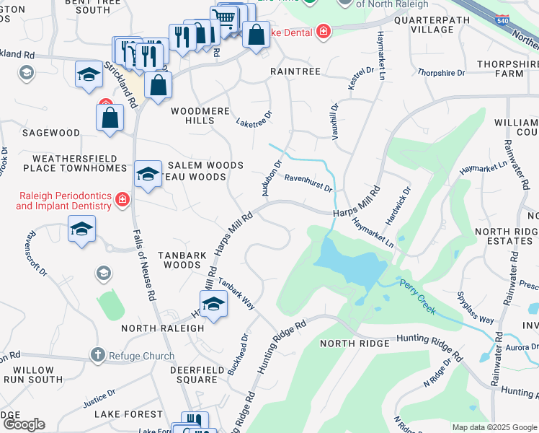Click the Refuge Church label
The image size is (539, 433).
click(141, 356)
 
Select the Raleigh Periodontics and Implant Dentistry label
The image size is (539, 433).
click(63, 201)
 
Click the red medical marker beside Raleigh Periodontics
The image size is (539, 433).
click(122, 199)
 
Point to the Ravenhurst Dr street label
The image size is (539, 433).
click(308, 183)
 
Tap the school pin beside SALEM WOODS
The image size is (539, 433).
click(148, 174)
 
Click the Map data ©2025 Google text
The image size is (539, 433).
click(494, 427)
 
